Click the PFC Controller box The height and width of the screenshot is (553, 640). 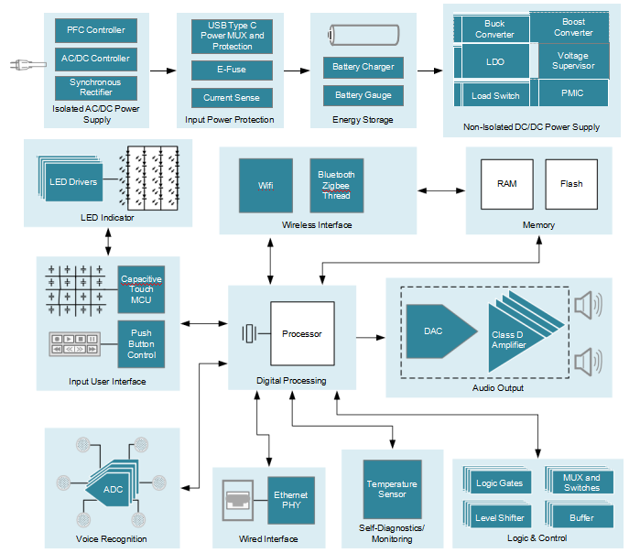click(95, 29)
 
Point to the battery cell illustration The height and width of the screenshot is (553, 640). click(363, 36)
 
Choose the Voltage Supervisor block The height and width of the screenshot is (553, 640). click(573, 60)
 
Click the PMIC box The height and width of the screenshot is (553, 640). click(573, 92)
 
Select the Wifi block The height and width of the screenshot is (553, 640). click(266, 185)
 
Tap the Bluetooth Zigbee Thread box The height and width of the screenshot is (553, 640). click(336, 185)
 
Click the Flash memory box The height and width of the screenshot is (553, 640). click(571, 184)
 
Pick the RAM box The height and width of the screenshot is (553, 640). click(506, 184)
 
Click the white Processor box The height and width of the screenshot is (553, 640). click(301, 333)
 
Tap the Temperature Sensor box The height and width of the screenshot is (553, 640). click(392, 489)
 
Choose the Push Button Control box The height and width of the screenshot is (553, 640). click(141, 343)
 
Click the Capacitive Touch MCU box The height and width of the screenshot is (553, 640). click(141, 288)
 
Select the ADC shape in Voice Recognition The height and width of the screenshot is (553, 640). click(110, 490)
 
